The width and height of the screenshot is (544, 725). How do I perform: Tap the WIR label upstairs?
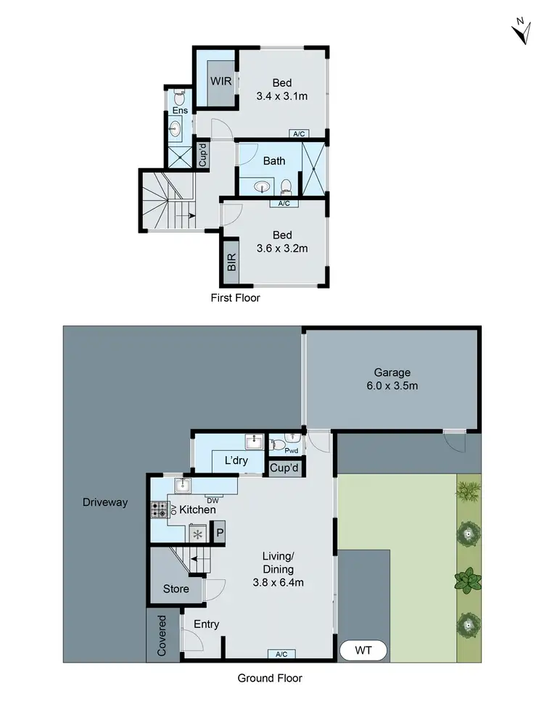[221, 81]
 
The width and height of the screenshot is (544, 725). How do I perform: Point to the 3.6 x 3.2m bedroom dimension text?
[282, 249]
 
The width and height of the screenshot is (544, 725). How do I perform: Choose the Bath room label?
[274, 161]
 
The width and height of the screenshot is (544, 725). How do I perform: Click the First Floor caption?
[235, 298]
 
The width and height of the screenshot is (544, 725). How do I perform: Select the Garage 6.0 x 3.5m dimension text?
[392, 386]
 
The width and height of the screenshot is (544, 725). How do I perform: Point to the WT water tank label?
[363, 650]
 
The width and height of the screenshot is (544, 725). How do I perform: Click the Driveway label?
[105, 502]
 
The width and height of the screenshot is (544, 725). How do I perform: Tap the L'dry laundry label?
[236, 461]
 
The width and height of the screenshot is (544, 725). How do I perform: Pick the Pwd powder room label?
[291, 450]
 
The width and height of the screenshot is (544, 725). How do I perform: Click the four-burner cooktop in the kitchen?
[159, 509]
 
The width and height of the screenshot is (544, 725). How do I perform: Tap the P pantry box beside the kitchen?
[218, 533]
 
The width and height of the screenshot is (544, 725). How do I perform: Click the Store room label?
[176, 589]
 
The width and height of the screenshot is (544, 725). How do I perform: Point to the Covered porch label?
[162, 636]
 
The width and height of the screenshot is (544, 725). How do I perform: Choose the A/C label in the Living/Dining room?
[281, 654]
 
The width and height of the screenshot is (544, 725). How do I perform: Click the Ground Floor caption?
[270, 679]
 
